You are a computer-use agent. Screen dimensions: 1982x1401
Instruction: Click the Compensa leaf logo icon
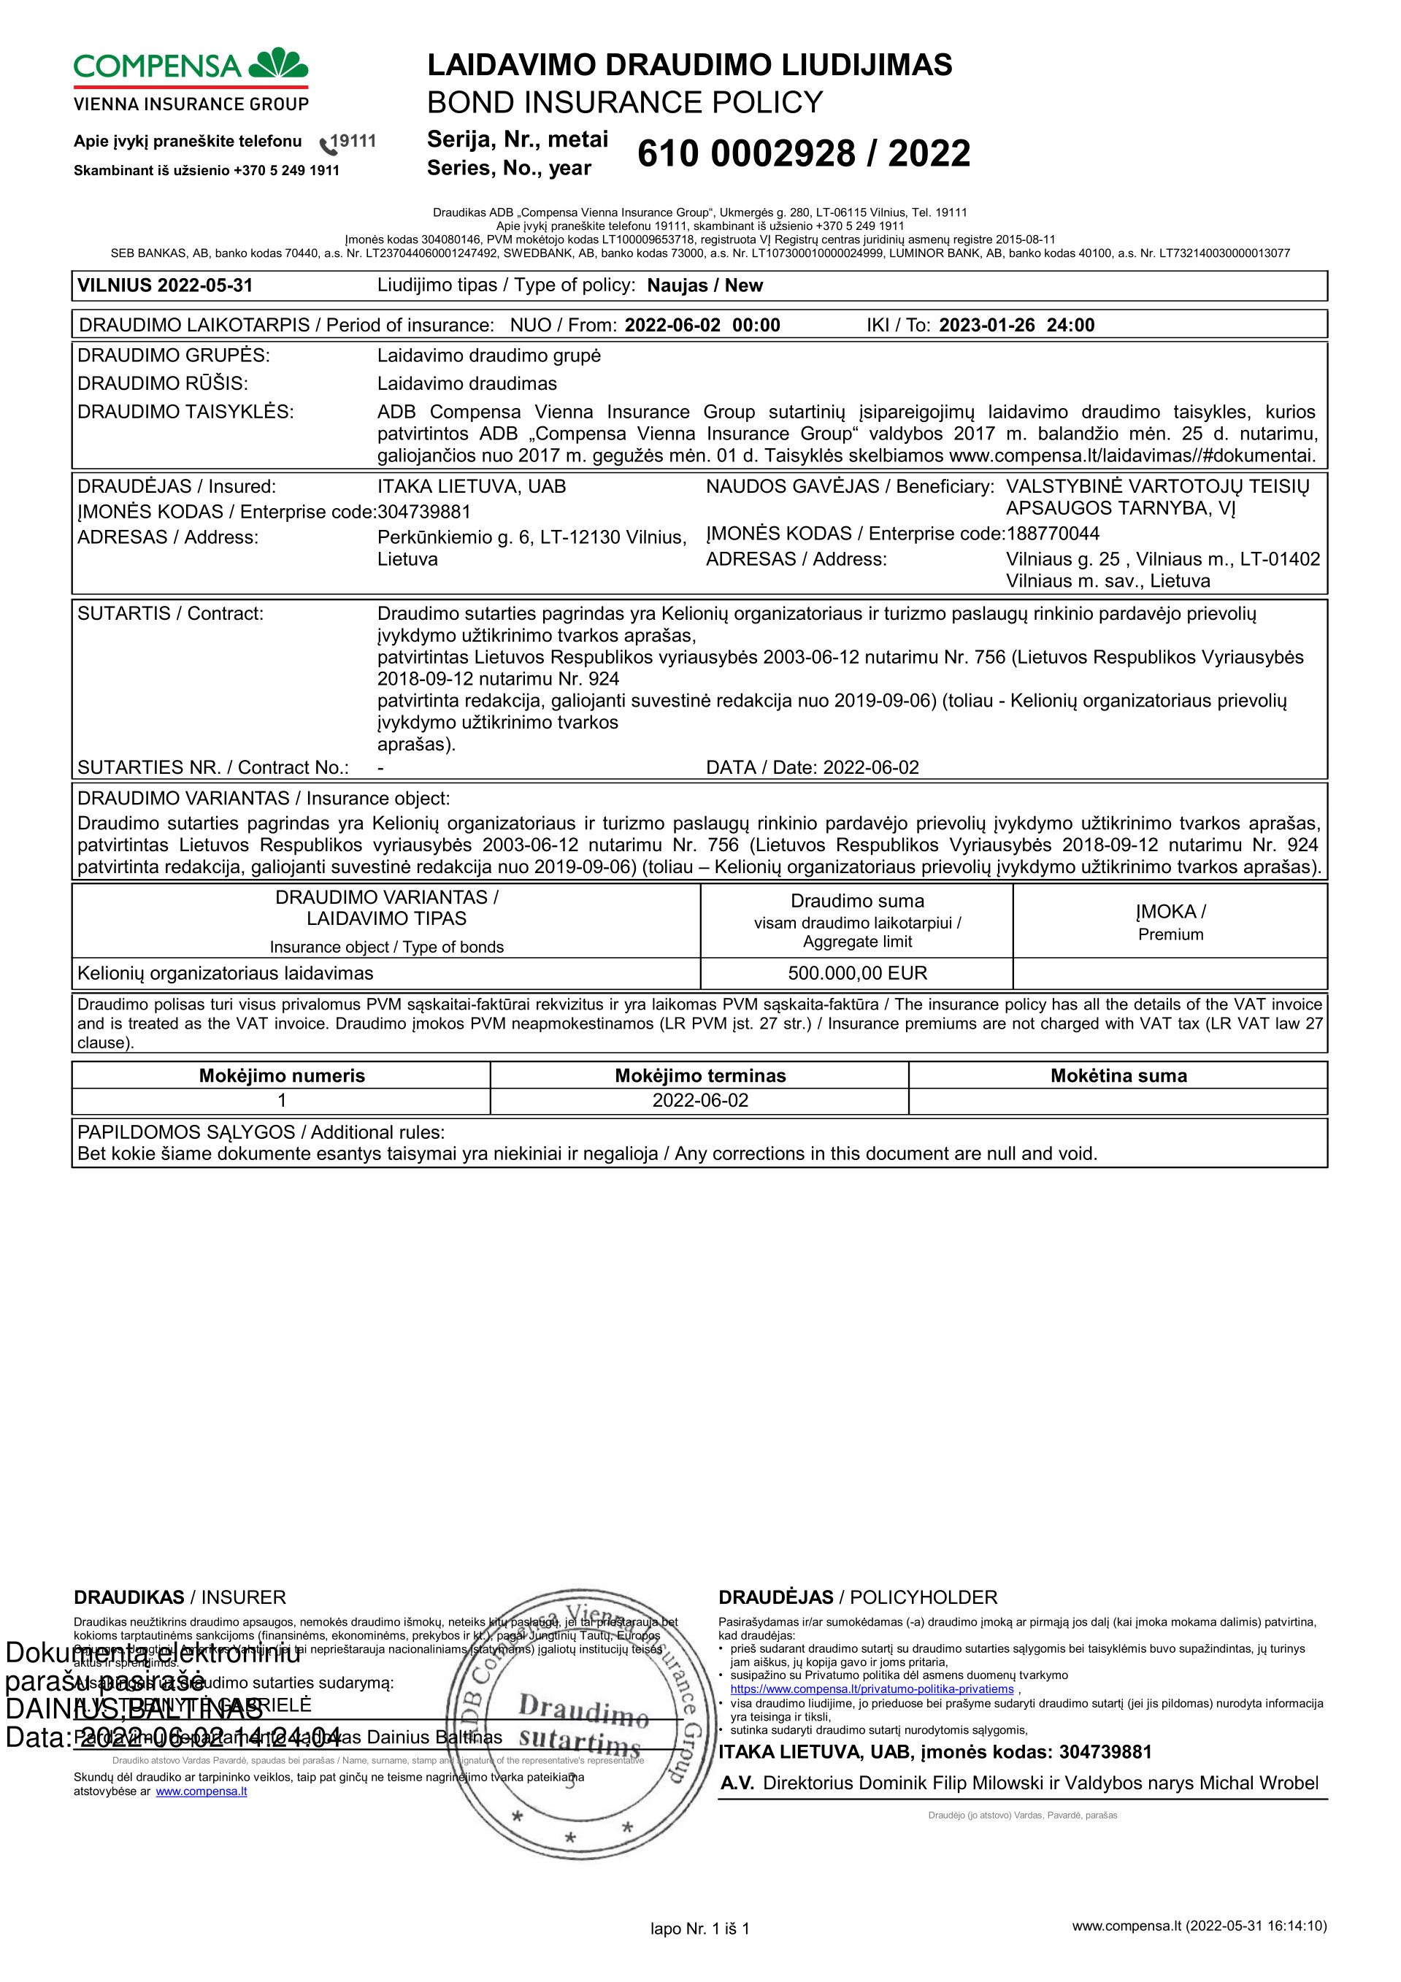coord(278,64)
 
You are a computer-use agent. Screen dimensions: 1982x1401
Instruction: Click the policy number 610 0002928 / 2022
coord(803,153)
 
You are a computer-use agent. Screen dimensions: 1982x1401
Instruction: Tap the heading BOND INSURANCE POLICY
coord(624,103)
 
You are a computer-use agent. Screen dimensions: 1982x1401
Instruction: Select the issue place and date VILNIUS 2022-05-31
coord(165,285)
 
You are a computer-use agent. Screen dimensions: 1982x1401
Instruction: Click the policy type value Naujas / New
coord(705,285)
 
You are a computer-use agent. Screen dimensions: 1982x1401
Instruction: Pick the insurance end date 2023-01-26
coord(986,326)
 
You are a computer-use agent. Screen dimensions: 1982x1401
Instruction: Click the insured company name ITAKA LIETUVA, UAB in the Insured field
coord(472,487)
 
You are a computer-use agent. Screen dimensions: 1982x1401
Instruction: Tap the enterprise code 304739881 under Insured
coord(424,512)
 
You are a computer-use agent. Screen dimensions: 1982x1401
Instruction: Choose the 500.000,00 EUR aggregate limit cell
coord(856,973)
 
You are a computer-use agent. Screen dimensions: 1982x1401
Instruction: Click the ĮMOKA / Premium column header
coord(1170,922)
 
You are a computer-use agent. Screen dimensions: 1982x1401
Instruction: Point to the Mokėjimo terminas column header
coord(699,1075)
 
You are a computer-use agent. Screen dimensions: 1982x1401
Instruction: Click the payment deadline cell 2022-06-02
coord(699,1101)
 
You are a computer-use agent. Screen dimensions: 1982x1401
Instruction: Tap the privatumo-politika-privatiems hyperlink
coord(871,1689)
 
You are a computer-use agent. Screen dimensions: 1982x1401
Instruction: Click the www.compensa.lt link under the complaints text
coord(201,1791)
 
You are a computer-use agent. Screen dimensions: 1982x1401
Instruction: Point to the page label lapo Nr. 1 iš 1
coord(699,1929)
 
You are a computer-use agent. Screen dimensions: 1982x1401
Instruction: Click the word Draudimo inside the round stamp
coord(583,1710)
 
